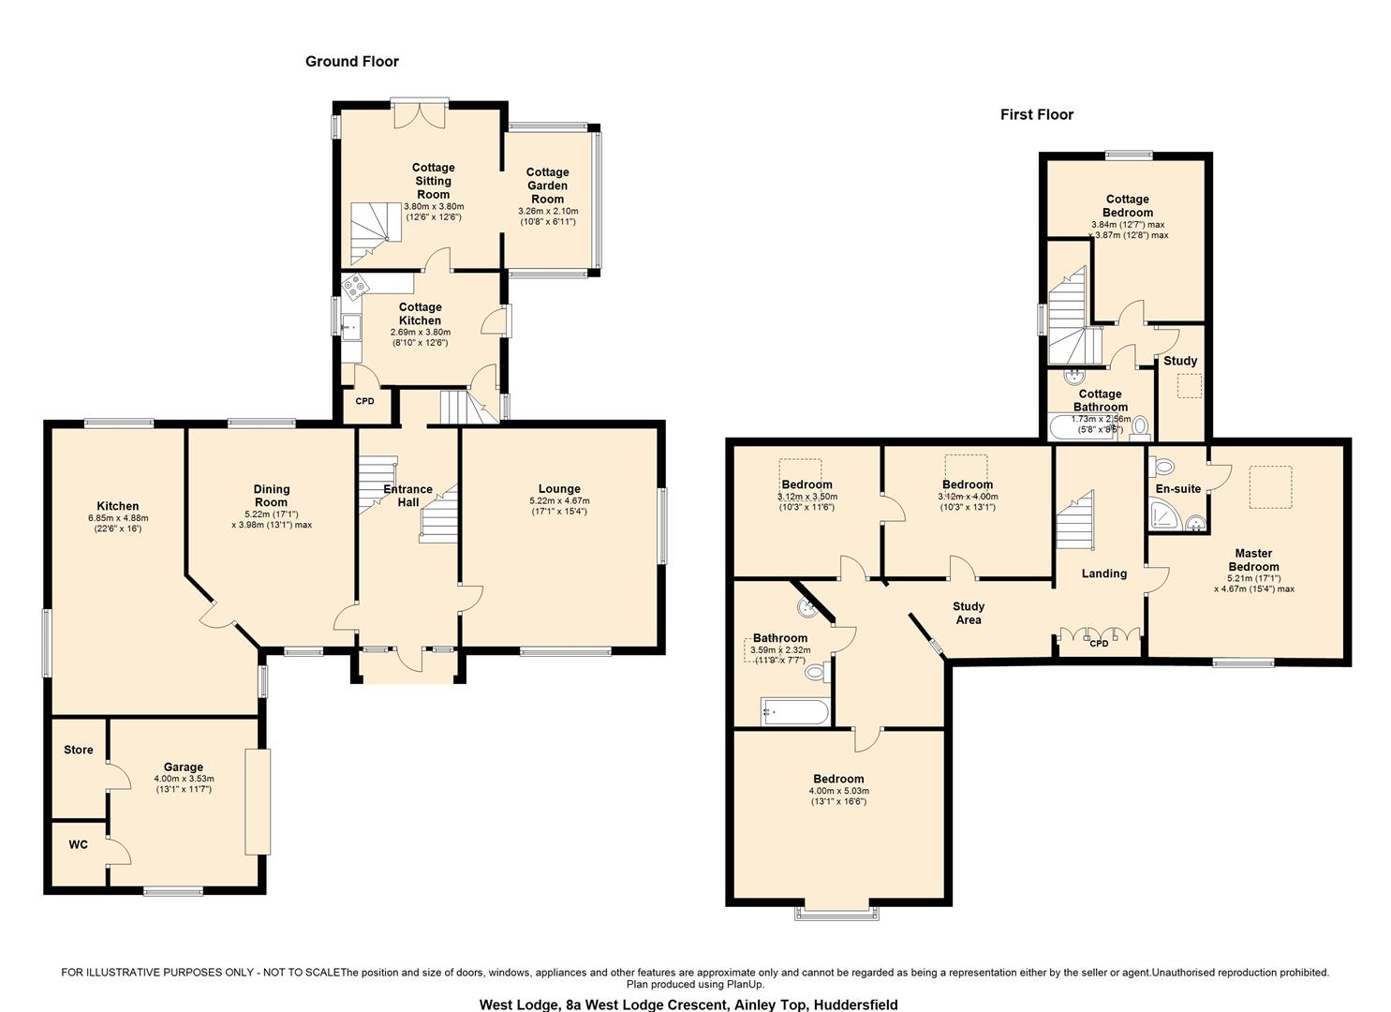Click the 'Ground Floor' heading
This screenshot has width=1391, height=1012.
352,62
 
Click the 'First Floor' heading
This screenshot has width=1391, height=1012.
1036,115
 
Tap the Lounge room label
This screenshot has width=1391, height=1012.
559,488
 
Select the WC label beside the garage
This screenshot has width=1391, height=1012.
79,844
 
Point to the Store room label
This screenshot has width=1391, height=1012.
79,750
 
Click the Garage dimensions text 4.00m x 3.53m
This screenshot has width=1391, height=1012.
184,779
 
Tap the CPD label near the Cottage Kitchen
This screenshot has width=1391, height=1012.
364,401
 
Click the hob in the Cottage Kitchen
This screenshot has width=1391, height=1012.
353,284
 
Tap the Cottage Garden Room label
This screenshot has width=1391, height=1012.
547,186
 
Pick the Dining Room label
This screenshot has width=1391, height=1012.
272,495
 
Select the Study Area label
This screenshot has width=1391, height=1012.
969,613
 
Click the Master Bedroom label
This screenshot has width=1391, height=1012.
1253,559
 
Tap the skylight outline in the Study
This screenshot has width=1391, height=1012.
1189,387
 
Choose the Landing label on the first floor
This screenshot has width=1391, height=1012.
1103,573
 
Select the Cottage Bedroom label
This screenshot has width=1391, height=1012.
1127,205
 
